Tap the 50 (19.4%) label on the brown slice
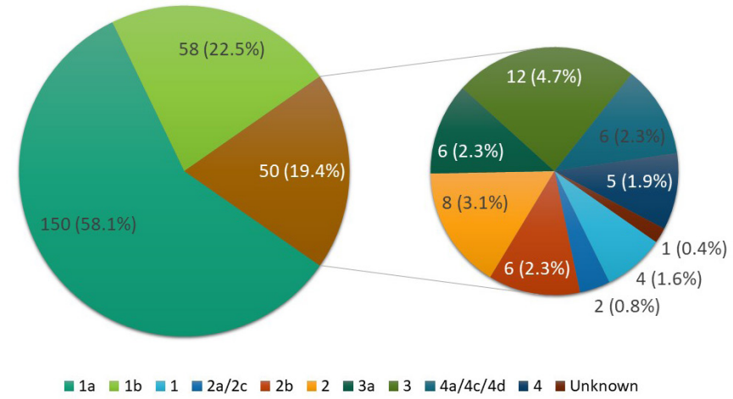point(302,171)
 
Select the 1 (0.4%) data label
point(693,248)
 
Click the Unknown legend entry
point(598,385)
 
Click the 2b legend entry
point(280,385)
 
